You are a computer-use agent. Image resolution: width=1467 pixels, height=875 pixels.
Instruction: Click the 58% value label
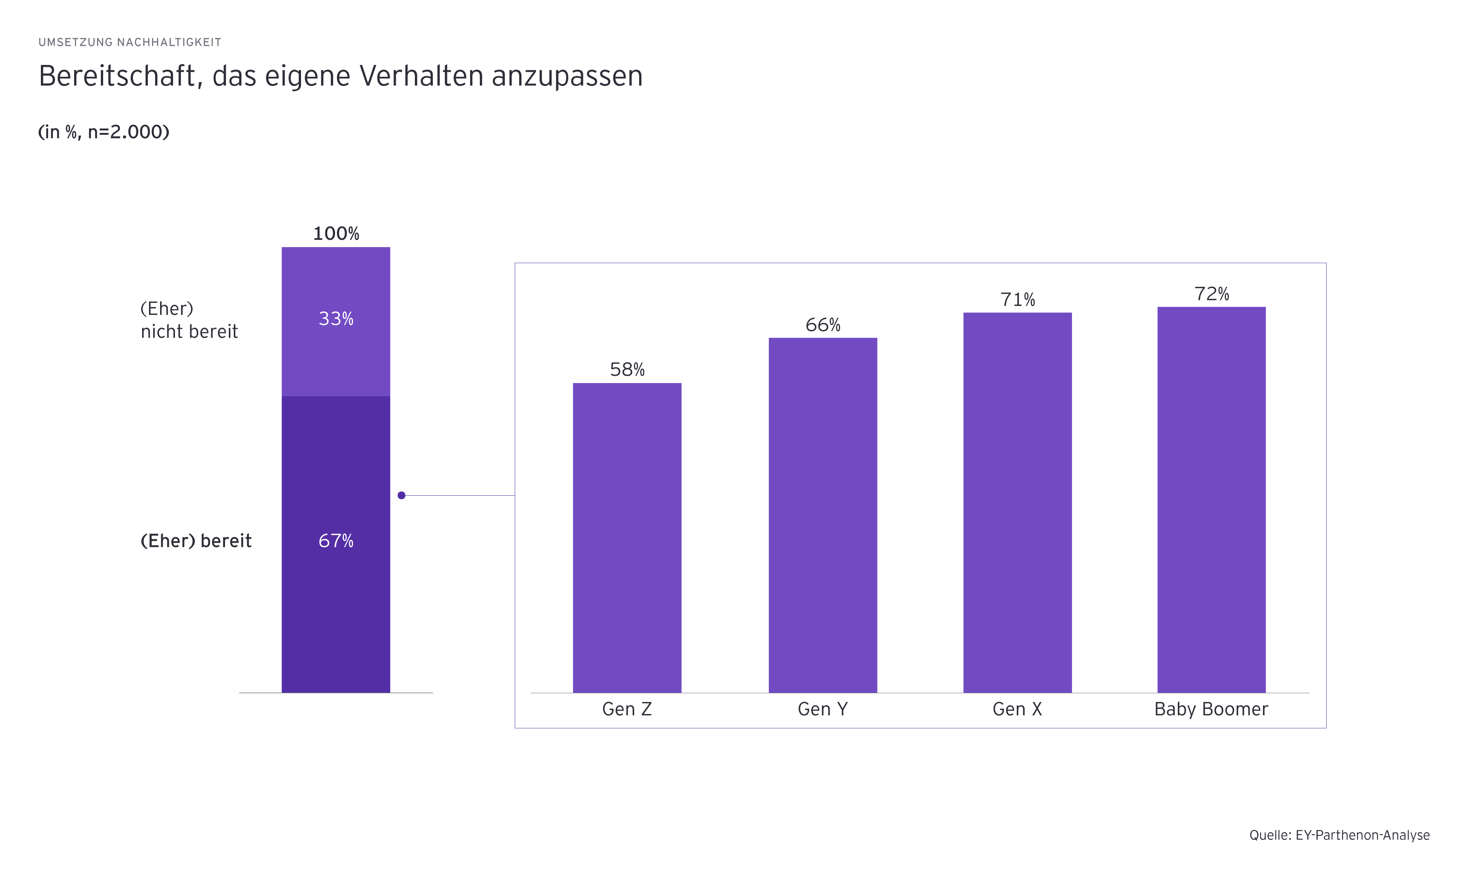coord(627,370)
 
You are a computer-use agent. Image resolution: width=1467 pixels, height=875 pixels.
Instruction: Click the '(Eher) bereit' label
coord(196,541)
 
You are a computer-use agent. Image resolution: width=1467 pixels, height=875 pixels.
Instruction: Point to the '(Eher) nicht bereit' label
coord(189,320)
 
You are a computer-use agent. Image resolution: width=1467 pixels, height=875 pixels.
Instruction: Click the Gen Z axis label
coord(627,709)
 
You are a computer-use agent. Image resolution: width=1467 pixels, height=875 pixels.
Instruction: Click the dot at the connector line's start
coord(402,495)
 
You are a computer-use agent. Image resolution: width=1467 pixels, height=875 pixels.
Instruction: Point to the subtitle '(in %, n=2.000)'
coord(104,131)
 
